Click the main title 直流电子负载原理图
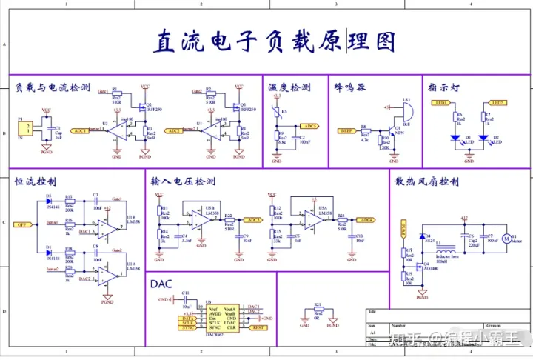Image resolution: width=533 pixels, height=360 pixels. (x=274, y=42)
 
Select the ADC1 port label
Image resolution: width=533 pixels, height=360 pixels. (x=79, y=130)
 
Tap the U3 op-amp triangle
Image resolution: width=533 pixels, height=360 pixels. (x=117, y=132)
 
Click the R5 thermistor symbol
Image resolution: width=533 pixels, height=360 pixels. (x=277, y=112)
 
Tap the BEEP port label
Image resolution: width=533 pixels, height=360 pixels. (x=347, y=130)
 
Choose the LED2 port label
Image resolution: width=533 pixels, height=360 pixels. (x=497, y=102)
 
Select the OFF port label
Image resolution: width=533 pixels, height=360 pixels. (x=22, y=224)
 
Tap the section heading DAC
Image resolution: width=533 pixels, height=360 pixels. (x=161, y=284)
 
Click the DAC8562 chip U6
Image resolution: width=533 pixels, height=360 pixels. (x=221, y=319)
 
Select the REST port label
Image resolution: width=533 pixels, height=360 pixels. (x=258, y=328)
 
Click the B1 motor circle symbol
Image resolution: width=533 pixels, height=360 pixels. (x=507, y=239)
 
